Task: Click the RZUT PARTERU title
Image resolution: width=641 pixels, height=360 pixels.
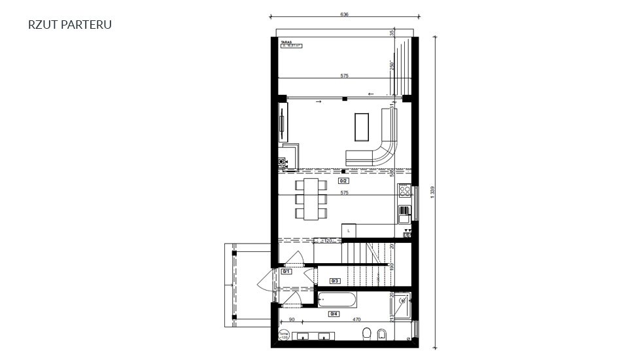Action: point(70,25)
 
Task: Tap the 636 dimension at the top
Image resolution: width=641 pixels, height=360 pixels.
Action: point(345,14)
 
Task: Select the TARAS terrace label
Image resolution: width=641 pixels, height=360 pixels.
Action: point(286,41)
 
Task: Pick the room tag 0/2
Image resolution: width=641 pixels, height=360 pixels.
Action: point(343,180)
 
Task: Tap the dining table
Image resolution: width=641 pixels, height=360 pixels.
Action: point(311,198)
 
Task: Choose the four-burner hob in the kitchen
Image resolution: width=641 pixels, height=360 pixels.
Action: point(405,191)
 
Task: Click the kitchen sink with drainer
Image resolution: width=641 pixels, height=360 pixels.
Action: point(404,210)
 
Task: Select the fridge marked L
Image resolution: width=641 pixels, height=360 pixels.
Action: point(349,231)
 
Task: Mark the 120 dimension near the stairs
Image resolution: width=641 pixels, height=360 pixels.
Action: point(327,241)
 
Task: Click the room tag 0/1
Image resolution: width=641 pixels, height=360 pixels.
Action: point(286,270)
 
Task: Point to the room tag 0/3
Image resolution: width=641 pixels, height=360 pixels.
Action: point(335,280)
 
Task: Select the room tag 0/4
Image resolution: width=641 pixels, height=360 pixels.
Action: point(334,314)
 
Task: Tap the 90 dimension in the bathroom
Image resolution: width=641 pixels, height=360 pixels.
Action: point(291,319)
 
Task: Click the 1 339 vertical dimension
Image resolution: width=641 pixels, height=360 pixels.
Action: point(432,193)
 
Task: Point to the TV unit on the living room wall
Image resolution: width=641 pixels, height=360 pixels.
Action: point(283,122)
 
